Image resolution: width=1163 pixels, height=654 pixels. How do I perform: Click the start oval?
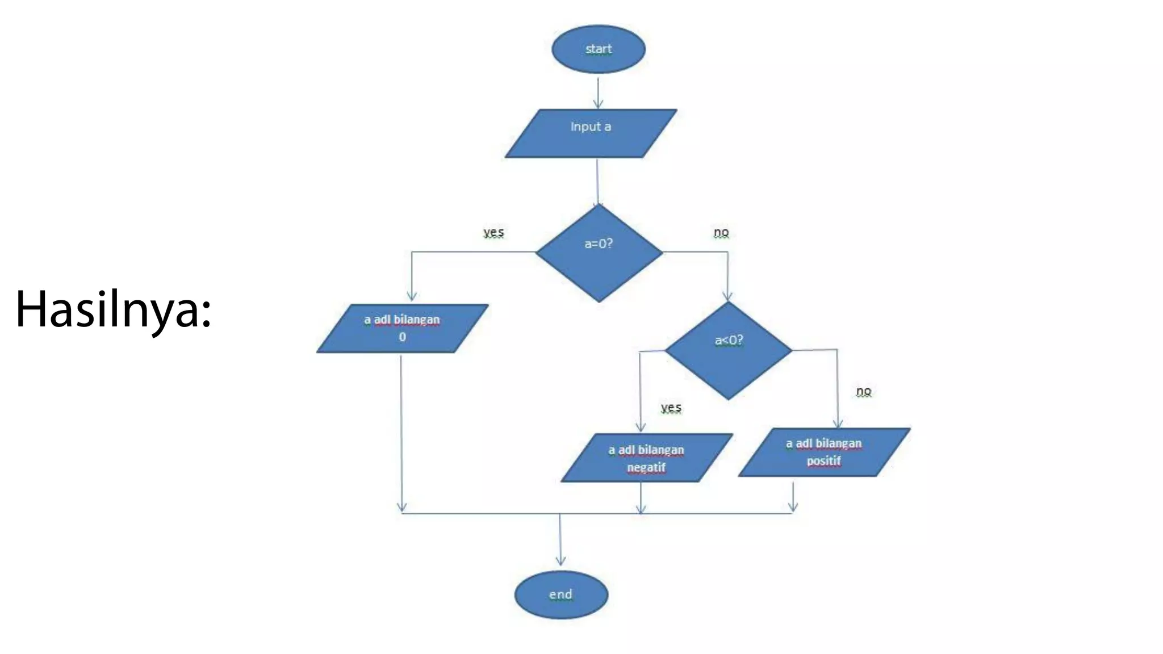tap(598, 49)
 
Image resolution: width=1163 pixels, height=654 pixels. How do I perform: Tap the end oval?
tap(561, 594)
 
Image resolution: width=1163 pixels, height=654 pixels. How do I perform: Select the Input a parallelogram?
tap(591, 133)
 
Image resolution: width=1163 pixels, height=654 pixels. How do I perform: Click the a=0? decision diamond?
tap(599, 253)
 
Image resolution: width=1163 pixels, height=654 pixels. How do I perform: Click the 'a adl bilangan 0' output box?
tap(402, 328)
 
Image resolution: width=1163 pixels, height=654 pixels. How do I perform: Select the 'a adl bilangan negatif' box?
tap(646, 458)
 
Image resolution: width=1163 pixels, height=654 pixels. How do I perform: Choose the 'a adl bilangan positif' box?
tap(824, 452)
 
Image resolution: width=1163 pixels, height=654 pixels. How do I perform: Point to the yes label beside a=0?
tap(493, 232)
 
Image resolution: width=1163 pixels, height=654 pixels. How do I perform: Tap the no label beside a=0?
tap(721, 232)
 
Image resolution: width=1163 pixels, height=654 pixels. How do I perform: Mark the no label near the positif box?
tap(864, 391)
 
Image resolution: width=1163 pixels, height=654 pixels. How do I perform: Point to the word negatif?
tap(646, 467)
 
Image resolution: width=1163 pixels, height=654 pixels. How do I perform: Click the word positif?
tap(824, 460)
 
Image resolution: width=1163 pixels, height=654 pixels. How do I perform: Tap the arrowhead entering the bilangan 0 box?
tap(412, 296)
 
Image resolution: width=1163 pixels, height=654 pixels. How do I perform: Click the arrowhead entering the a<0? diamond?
tap(727, 296)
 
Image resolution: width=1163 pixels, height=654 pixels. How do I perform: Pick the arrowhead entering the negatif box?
tap(641, 427)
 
